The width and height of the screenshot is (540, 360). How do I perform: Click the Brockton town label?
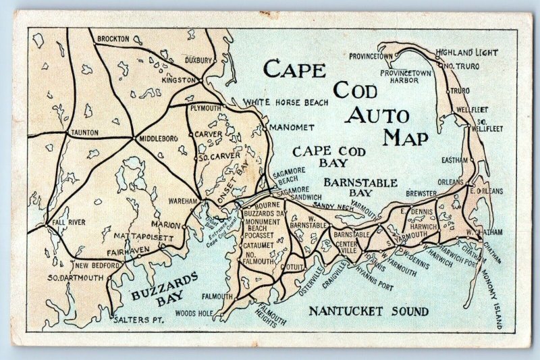[113, 39]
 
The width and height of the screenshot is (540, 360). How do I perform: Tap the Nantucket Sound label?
[368, 311]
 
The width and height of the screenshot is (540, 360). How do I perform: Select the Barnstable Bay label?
[353, 188]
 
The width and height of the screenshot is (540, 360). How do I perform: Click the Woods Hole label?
[194, 313]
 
